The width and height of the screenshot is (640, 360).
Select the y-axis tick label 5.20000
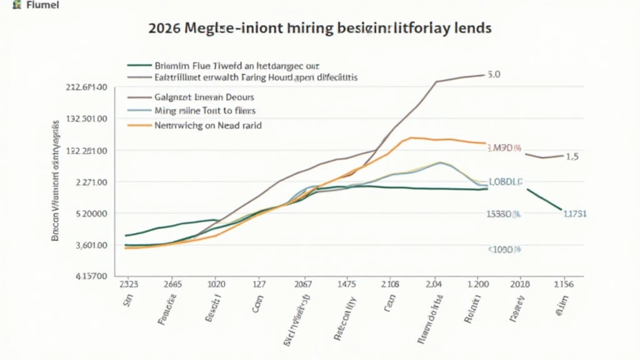point(89,213)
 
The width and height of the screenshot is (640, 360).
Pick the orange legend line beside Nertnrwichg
point(139,125)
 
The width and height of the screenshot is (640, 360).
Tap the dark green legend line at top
point(139,65)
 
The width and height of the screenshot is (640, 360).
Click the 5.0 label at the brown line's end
point(494,74)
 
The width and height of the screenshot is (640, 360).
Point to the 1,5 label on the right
point(572,157)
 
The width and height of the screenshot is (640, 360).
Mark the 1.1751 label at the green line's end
point(575,213)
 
